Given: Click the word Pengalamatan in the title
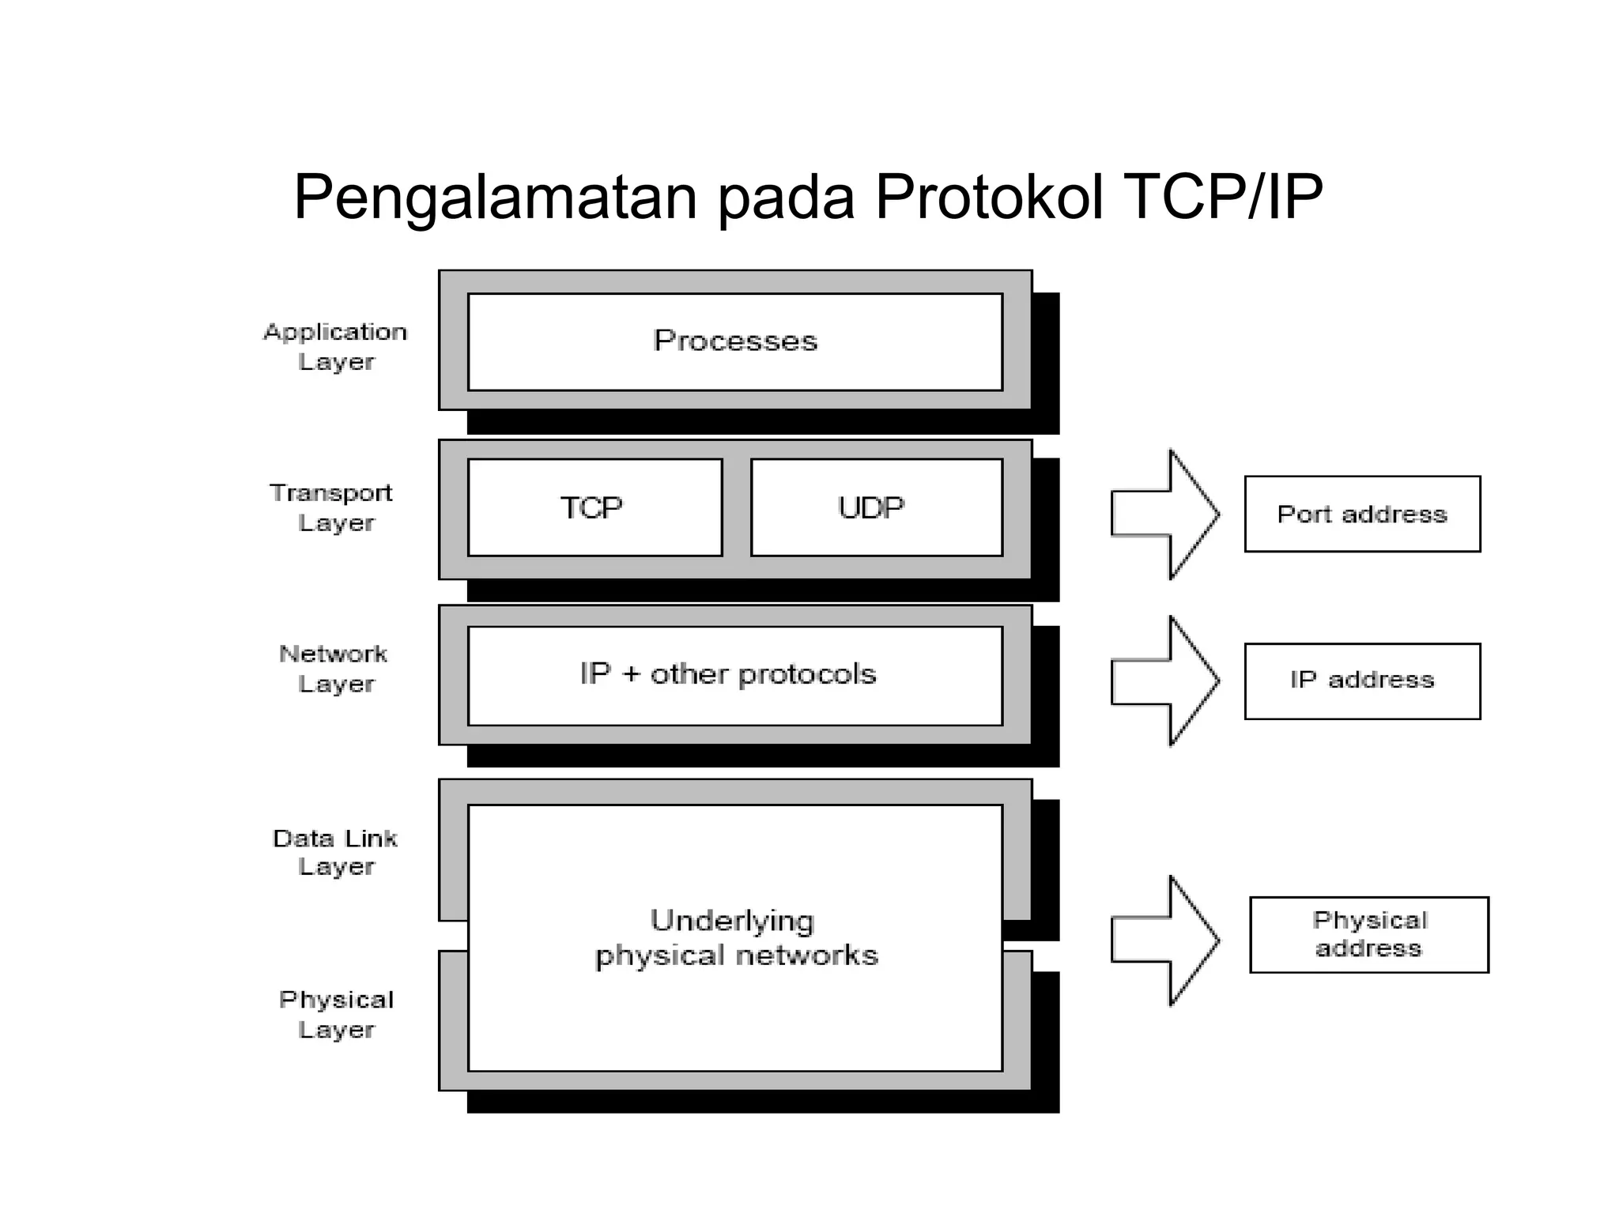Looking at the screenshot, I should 496,198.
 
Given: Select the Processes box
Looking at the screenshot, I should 735,341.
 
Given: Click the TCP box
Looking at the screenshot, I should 594,507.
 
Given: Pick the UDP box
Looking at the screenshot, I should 876,507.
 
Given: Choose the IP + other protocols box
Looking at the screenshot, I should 735,675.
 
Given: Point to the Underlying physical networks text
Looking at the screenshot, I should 735,938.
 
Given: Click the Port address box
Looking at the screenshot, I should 1362,514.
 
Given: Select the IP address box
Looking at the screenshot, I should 1362,681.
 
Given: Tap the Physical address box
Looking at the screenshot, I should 1368,934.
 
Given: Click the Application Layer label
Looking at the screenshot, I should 335,346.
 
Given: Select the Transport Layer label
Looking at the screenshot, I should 332,507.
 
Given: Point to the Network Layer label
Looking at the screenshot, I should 334,669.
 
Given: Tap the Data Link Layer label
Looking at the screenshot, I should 335,852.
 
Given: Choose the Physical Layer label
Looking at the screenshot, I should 336,1015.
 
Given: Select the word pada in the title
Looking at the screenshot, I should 787,198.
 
